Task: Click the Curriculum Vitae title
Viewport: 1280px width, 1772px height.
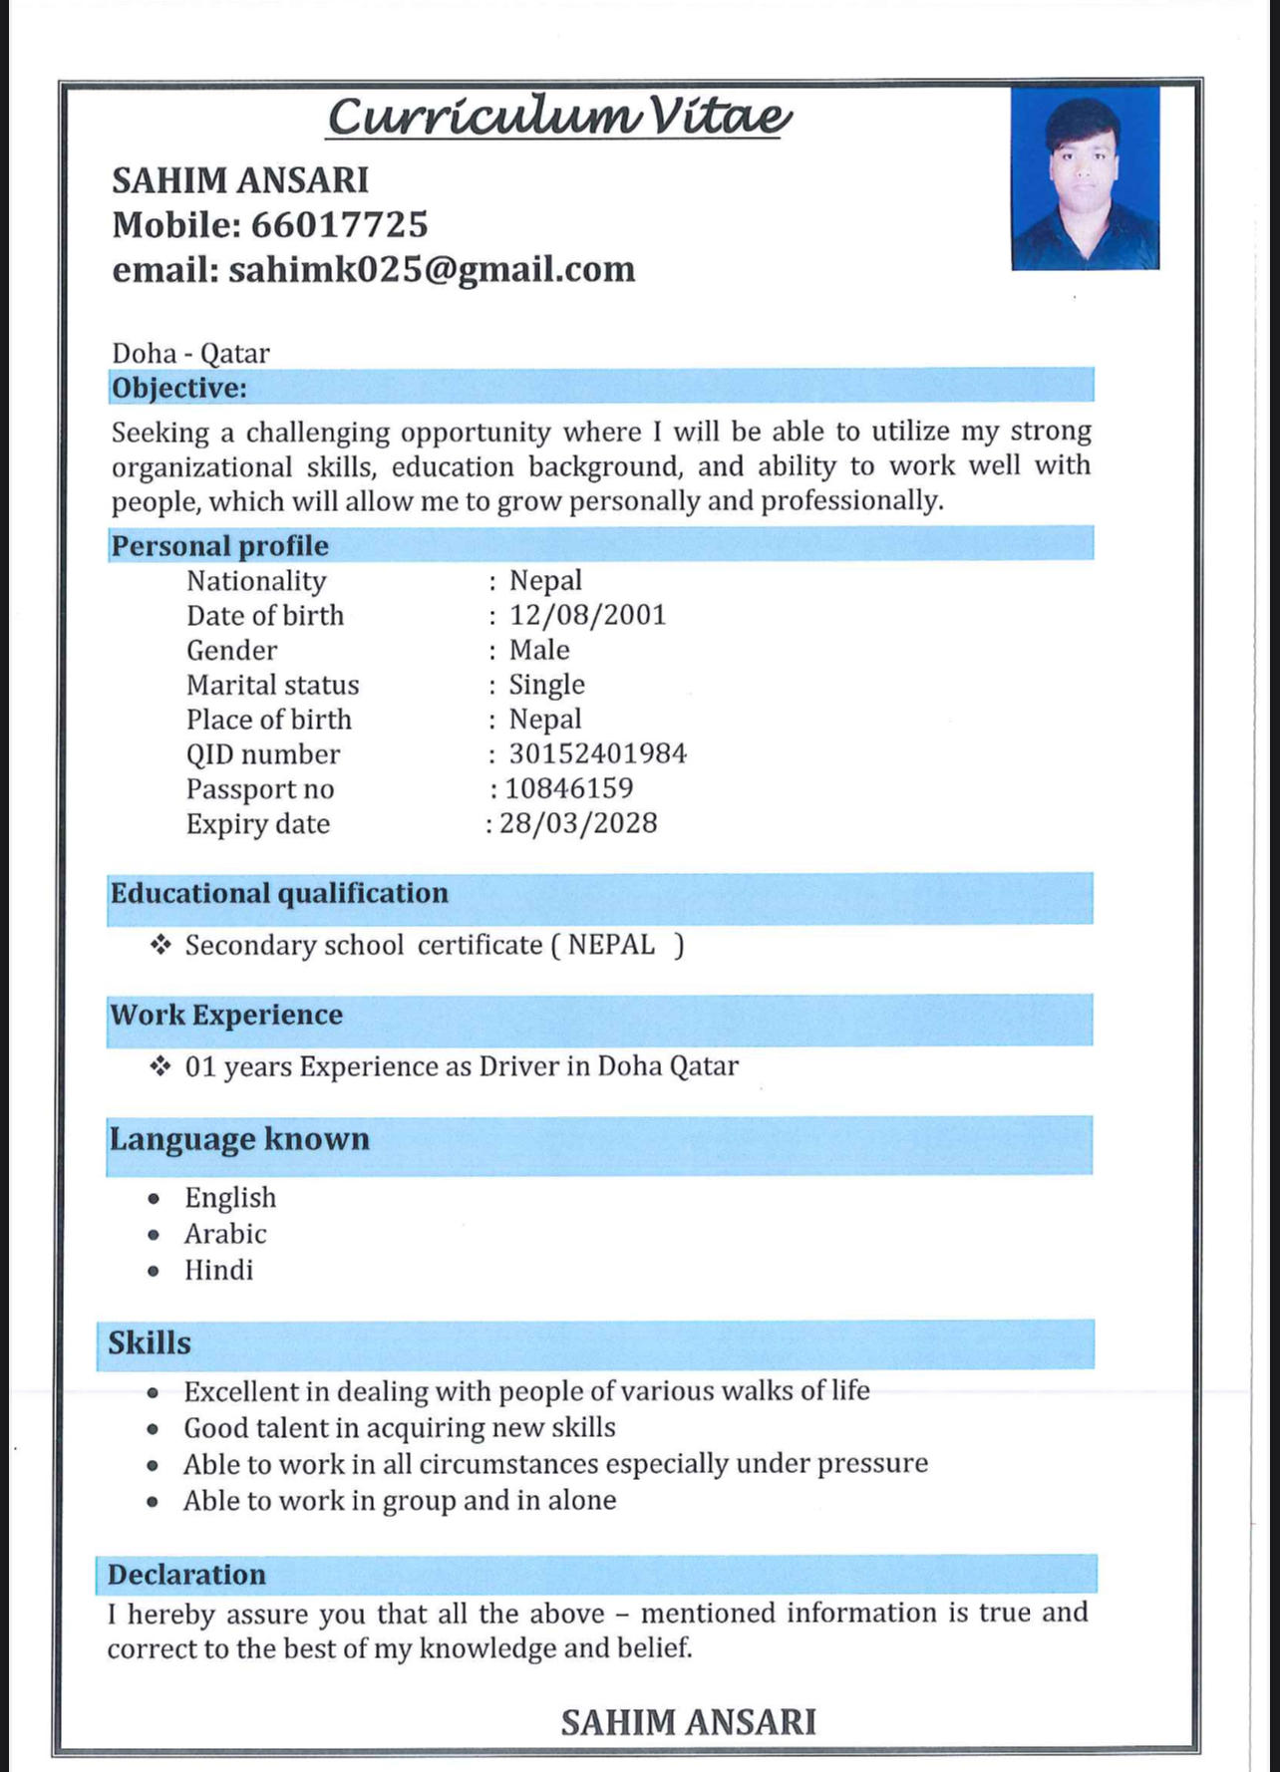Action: pyautogui.click(x=559, y=117)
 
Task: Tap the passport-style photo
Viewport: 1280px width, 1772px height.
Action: pyautogui.click(x=1085, y=178)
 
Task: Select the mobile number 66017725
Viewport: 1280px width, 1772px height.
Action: pyautogui.click(x=339, y=225)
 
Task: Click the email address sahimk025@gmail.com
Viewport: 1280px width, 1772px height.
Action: pyautogui.click(x=432, y=270)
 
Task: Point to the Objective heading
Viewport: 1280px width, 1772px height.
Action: pyautogui.click(x=179, y=388)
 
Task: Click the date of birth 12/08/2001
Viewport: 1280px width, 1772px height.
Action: pyautogui.click(x=587, y=615)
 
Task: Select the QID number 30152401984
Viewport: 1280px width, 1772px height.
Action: pyautogui.click(x=597, y=753)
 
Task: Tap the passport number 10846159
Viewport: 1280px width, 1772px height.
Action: pyautogui.click(x=568, y=788)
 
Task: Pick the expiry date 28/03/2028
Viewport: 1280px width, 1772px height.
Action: pyautogui.click(x=578, y=823)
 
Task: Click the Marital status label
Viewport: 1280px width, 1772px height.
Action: pyautogui.click(x=272, y=685)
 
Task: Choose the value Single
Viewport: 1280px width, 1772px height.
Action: pyautogui.click(x=546, y=685)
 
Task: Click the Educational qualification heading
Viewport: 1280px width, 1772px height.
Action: pyautogui.click(x=279, y=893)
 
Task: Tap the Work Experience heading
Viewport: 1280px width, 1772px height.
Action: pyautogui.click(x=226, y=1016)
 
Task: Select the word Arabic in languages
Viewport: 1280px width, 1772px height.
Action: pyautogui.click(x=225, y=1234)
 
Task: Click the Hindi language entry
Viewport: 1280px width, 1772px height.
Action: pyautogui.click(x=218, y=1270)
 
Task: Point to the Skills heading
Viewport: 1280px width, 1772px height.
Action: pyautogui.click(x=150, y=1343)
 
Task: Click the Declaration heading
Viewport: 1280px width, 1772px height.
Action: pyautogui.click(x=186, y=1575)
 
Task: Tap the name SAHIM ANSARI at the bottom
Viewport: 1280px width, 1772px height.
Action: pyautogui.click(x=688, y=1722)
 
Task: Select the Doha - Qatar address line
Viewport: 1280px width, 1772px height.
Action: pyautogui.click(x=190, y=353)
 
